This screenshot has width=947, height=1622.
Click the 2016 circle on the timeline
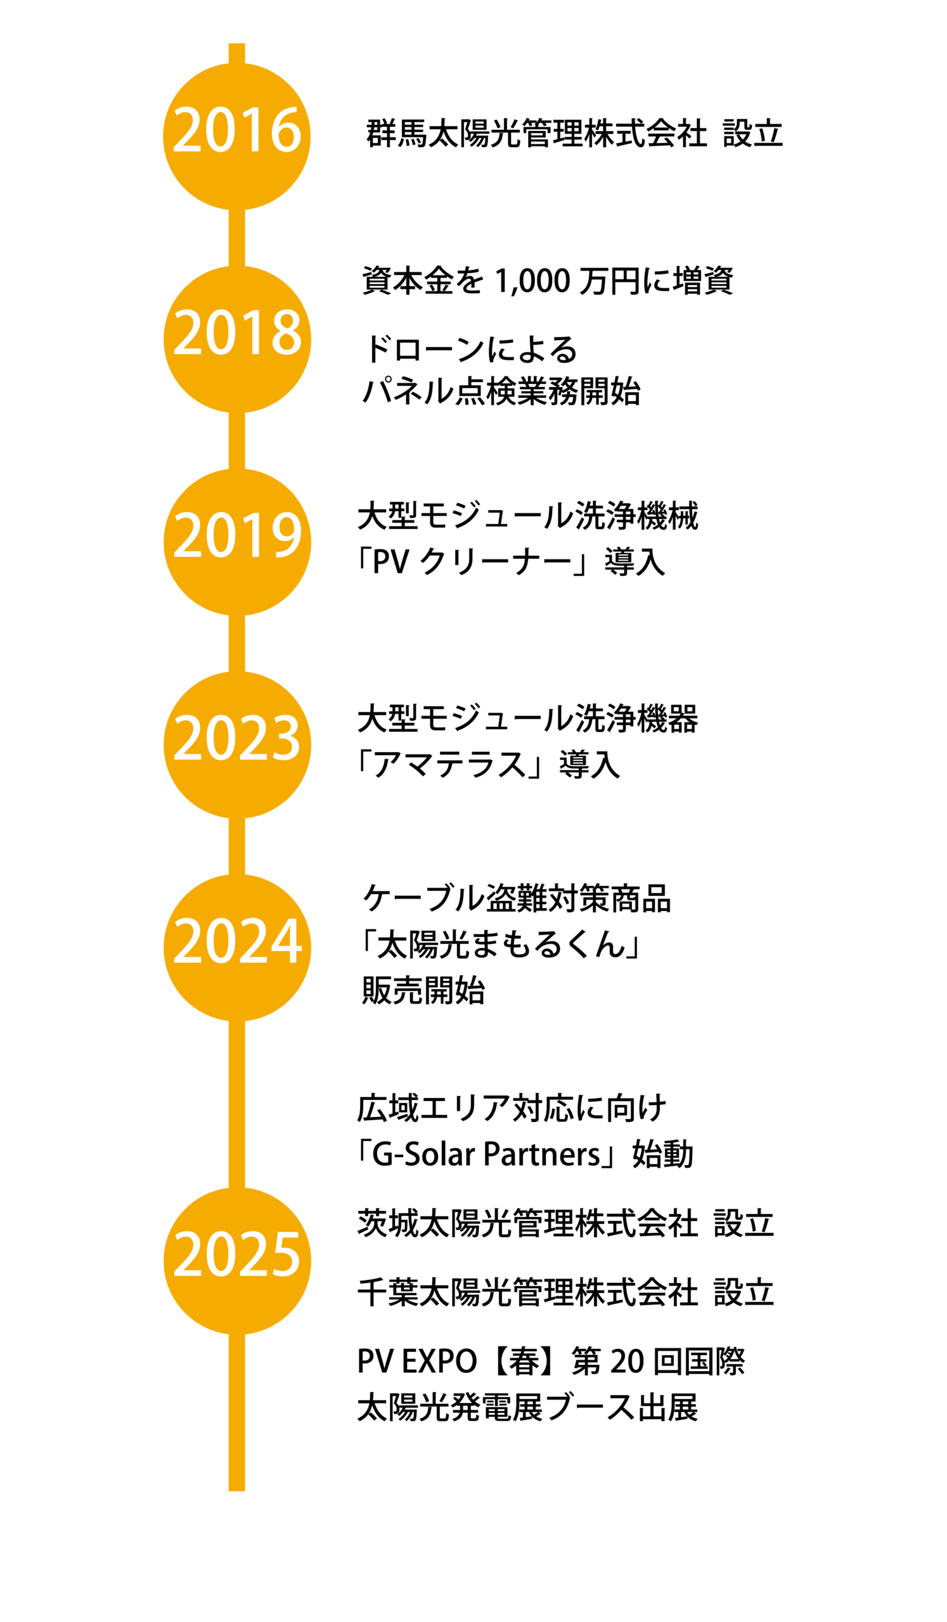[x=236, y=136]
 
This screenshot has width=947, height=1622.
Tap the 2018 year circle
[x=236, y=339]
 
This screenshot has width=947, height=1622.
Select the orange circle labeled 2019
[x=236, y=542]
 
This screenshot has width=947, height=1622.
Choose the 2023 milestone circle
[x=236, y=744]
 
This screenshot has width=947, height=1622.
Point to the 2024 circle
[x=236, y=947]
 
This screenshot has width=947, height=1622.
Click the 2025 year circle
[x=236, y=1261]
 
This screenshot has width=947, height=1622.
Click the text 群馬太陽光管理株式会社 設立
[x=574, y=134]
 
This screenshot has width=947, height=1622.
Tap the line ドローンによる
[x=470, y=350]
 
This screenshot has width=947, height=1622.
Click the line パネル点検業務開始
[x=501, y=392]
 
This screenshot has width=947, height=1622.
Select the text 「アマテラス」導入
[x=488, y=765]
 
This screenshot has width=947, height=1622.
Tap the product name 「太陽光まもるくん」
[x=499, y=945]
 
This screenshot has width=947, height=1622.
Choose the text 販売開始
[x=423, y=990]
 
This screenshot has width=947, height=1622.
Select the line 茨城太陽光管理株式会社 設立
[x=565, y=1223]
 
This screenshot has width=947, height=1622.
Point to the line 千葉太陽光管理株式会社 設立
[x=565, y=1293]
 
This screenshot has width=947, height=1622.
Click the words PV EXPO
[x=416, y=1362]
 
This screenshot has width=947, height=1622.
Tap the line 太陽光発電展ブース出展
[x=527, y=1407]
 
